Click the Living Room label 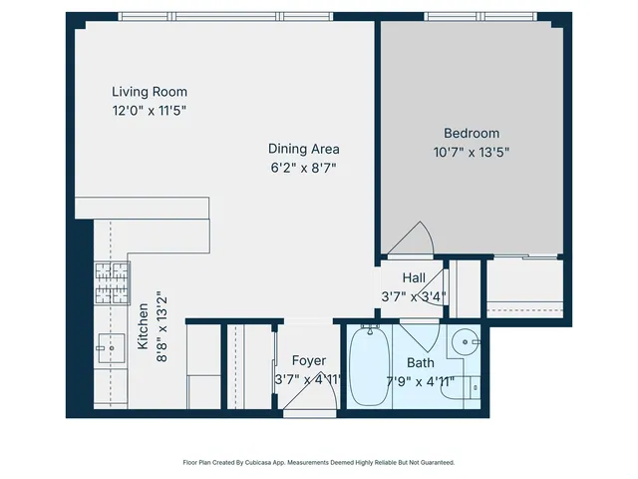pos(149,92)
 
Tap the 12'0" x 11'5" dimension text pos(149,111)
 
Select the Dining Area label pos(303,149)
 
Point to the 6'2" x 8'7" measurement pos(303,168)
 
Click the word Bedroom pos(472,133)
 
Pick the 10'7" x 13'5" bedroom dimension pos(472,153)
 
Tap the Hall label pos(415,277)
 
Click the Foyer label pos(308,360)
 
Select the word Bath pos(420,363)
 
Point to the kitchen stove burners pos(112,282)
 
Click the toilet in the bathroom pos(465,387)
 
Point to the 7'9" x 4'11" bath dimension pos(420,381)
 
